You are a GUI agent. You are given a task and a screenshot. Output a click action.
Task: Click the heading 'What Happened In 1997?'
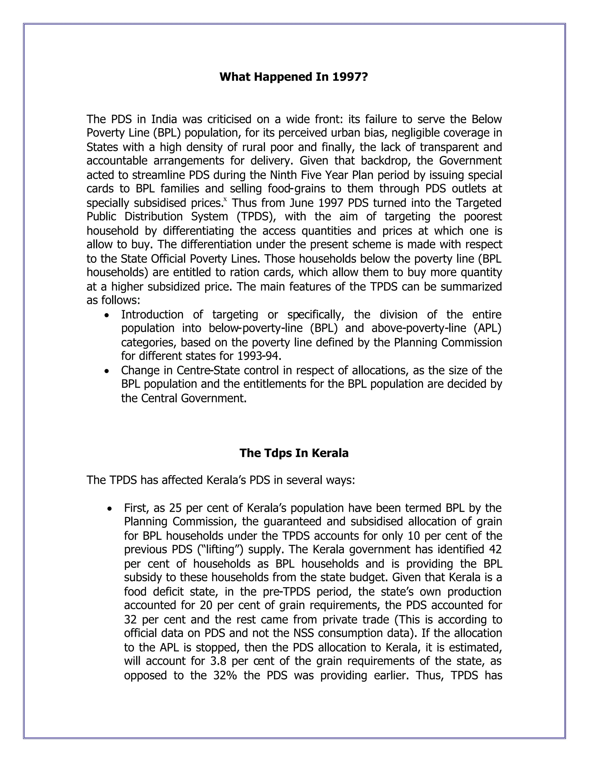[294, 77]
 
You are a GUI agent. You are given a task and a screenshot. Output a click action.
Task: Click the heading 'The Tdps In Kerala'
[294, 453]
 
